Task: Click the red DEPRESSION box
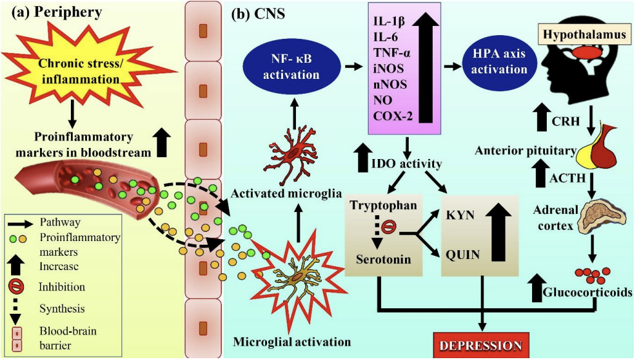tap(481, 345)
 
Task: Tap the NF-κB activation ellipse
tap(291, 67)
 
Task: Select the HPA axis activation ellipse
tap(499, 62)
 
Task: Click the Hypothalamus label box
tap(584, 35)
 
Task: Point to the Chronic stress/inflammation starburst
tap(80, 70)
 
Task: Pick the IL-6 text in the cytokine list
tap(385, 37)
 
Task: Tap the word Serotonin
tap(383, 259)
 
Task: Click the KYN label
tap(460, 215)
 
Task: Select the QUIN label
tap(462, 255)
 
